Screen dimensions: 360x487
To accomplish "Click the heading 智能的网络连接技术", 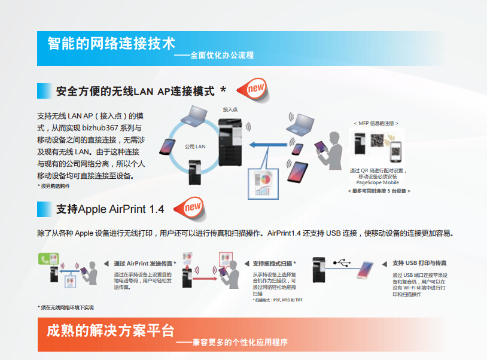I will click(x=111, y=44).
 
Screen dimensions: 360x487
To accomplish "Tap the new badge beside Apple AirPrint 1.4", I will click(x=193, y=208).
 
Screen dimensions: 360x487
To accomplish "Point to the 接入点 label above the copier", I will click(x=230, y=109).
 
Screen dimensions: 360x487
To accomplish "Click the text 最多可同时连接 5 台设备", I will click(x=379, y=191).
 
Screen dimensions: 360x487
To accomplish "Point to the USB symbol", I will click(x=341, y=262).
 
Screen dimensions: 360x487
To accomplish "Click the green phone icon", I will click(x=44, y=260).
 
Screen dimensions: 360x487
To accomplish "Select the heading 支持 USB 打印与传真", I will click(x=419, y=263).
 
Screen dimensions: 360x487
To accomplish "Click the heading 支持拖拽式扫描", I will click(x=274, y=263).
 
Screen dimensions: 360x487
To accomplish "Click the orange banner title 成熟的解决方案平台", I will click(x=111, y=331).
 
